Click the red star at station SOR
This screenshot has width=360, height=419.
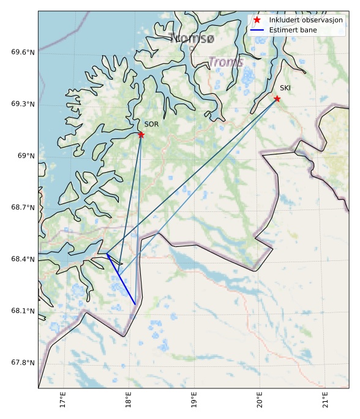[x=141, y=135]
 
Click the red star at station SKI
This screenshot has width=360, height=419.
[x=277, y=99]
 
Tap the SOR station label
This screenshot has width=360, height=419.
[x=152, y=124]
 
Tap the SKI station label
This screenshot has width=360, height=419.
[x=285, y=88]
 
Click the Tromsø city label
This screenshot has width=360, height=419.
[x=192, y=39]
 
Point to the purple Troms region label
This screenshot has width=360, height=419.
[x=226, y=62]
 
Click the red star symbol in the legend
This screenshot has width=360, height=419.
[x=258, y=20]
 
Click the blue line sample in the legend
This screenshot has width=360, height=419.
[x=258, y=29]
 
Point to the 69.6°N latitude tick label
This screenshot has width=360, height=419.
[x=23, y=52]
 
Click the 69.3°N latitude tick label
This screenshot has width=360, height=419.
[x=23, y=104]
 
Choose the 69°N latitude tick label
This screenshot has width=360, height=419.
[x=26, y=156]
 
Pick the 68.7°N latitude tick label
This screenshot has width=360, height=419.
[x=23, y=208]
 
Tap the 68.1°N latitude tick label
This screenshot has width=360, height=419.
[x=23, y=311]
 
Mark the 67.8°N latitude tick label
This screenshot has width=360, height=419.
[x=23, y=363]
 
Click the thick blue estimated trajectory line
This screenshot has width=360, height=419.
[x=121, y=279]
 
